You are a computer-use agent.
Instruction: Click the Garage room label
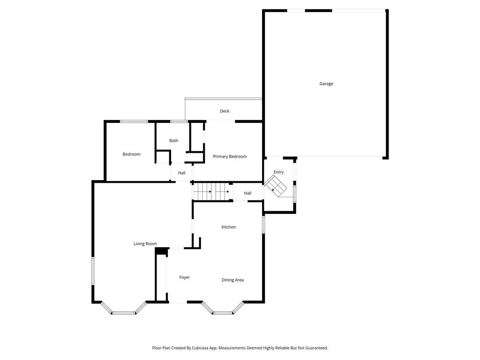pos(326,84)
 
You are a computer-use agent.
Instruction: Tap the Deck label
pos(225,111)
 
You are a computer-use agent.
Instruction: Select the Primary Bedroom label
pos(230,157)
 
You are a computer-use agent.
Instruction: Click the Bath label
pos(174,141)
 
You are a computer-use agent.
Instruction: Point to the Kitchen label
pos(229,227)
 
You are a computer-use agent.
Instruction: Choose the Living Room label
pos(145,244)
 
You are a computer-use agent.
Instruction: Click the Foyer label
pos(185,277)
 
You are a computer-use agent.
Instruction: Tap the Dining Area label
pos(232,280)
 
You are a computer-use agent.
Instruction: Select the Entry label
pos(279,172)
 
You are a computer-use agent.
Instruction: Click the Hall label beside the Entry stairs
pos(247,193)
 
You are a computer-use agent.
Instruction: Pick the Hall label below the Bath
pos(182,173)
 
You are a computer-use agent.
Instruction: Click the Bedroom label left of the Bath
pos(131,154)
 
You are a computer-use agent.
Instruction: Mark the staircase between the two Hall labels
pos(212,191)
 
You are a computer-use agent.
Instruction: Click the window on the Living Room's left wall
pos(93,270)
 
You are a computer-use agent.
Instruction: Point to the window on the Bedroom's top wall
pos(134,121)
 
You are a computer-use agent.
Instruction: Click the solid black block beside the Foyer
pos(161,252)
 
